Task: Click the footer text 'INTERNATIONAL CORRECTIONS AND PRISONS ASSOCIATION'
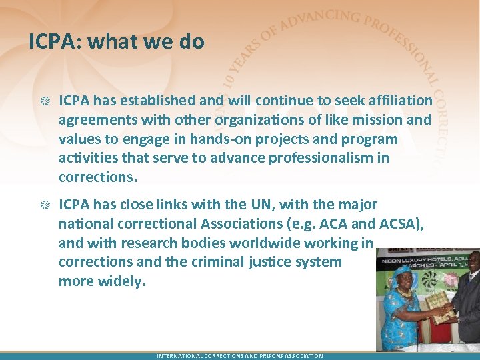pyautogui.click(x=239, y=356)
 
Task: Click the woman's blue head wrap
pyautogui.click(x=404, y=275)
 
